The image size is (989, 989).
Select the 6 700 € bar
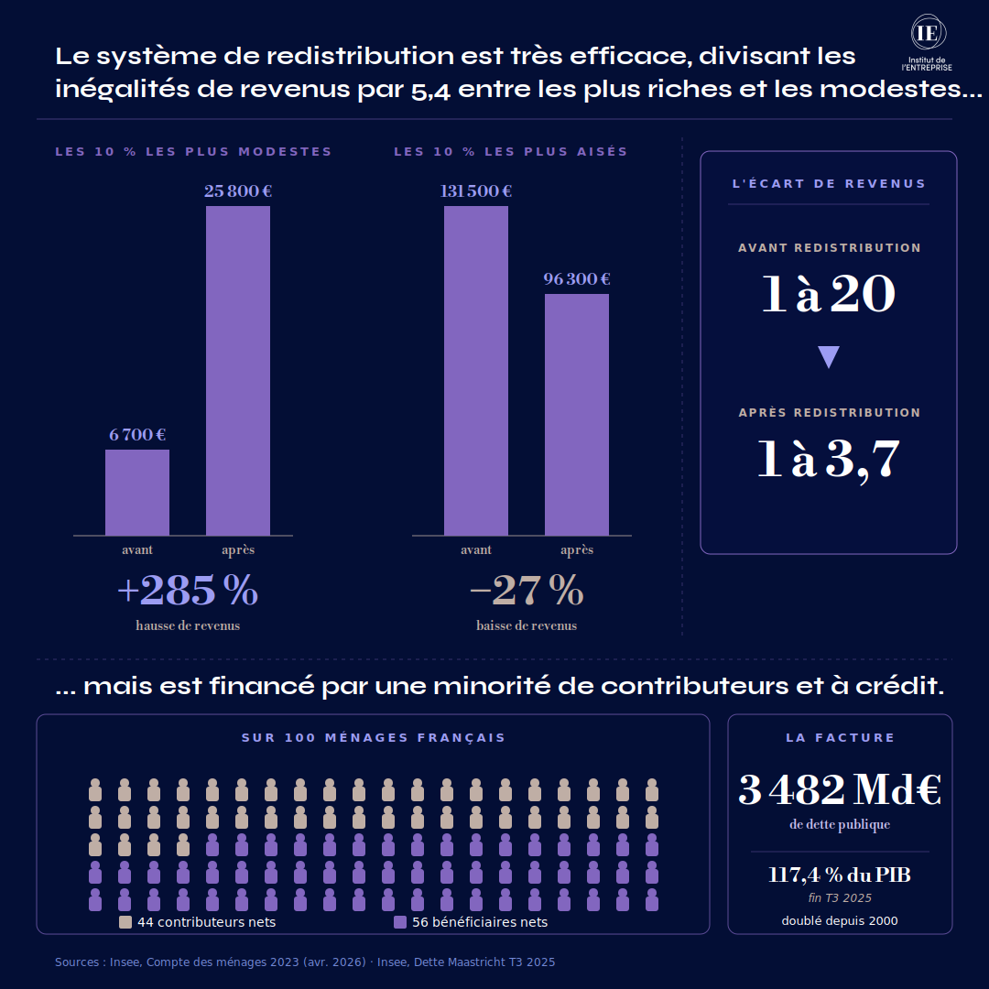pos(137,493)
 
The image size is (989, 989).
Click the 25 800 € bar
pos(238,371)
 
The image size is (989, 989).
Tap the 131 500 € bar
pos(476,371)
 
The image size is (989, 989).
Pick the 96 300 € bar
pos(577,414)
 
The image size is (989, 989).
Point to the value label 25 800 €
pos(238,191)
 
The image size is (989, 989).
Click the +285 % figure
pos(188,592)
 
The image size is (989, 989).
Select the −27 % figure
pos(527,592)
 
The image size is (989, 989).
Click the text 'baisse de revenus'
pos(527,625)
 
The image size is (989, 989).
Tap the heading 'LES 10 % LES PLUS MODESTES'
pos(193,152)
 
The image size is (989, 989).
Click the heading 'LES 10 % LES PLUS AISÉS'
pos(511,152)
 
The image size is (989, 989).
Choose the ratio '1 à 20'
pos(829,295)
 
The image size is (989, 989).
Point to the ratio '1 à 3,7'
pos(829,460)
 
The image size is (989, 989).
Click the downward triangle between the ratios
pos(829,356)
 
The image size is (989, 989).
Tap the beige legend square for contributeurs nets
pos(126,922)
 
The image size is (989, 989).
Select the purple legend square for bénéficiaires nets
pos(400,922)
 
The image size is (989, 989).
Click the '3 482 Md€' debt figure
pos(840,790)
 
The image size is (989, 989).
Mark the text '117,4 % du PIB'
pos(840,875)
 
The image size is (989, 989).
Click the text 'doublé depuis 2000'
pos(840,920)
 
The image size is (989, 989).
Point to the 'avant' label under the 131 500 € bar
pos(476,550)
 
